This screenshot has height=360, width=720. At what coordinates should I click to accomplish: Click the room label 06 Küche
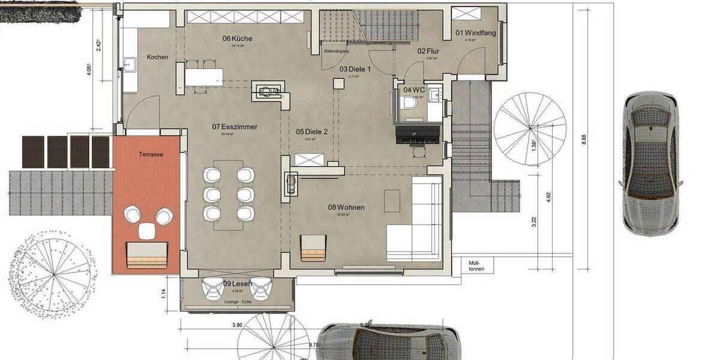237,38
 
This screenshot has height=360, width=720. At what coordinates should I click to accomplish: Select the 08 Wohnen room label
346,208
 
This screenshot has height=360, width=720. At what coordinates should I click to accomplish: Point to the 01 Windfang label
476,33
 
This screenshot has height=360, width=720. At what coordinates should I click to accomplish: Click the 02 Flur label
429,52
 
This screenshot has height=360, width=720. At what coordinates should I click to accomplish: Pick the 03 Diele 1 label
355,70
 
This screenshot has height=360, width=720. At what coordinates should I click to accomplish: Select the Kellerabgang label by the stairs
337,52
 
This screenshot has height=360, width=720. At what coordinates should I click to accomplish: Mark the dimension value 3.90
237,325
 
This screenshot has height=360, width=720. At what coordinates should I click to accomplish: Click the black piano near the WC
418,136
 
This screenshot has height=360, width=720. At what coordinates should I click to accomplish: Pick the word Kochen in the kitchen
157,57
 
